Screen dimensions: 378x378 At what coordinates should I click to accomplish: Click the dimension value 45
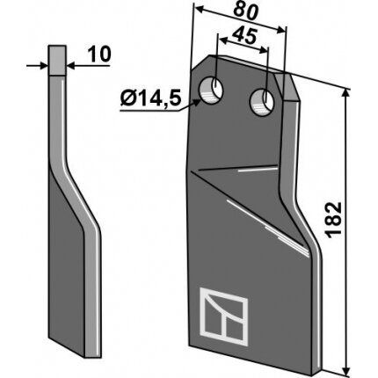(244, 36)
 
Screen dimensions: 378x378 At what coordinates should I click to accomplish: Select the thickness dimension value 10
(100, 55)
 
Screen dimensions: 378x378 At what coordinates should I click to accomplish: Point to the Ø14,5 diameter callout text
(149, 98)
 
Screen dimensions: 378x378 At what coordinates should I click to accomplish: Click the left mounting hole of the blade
(211, 90)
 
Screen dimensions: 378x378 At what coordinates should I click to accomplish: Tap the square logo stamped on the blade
(224, 316)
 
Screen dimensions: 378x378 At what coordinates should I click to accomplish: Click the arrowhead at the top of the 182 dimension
(346, 93)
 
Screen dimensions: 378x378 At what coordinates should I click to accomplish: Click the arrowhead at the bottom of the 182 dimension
(346, 370)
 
